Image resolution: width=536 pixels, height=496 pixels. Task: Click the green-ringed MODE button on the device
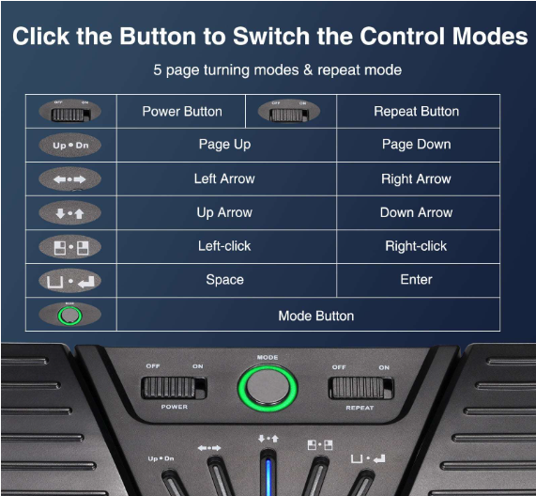(268, 388)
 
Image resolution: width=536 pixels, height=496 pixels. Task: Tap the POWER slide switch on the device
(174, 388)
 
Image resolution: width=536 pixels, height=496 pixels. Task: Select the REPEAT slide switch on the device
(361, 388)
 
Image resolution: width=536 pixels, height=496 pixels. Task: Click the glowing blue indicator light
(268, 476)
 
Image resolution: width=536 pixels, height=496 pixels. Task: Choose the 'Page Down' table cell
(417, 145)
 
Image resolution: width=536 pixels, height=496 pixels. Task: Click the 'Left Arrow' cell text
(224, 178)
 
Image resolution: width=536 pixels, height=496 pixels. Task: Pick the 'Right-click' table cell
(417, 246)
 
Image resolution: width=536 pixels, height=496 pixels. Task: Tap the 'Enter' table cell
(417, 280)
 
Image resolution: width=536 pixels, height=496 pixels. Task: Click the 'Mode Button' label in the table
(315, 316)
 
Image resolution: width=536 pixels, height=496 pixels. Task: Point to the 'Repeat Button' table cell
(417, 111)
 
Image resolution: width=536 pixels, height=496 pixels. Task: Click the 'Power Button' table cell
(182, 111)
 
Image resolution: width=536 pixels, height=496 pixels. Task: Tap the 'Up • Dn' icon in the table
(70, 145)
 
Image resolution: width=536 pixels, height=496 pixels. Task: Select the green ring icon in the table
(69, 315)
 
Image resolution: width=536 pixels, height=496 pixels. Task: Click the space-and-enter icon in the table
(70, 281)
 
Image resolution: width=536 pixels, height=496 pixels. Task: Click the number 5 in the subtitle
(158, 70)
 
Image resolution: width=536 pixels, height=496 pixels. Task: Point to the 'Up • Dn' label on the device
(161, 458)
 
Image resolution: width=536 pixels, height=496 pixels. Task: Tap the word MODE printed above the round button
(268, 358)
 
